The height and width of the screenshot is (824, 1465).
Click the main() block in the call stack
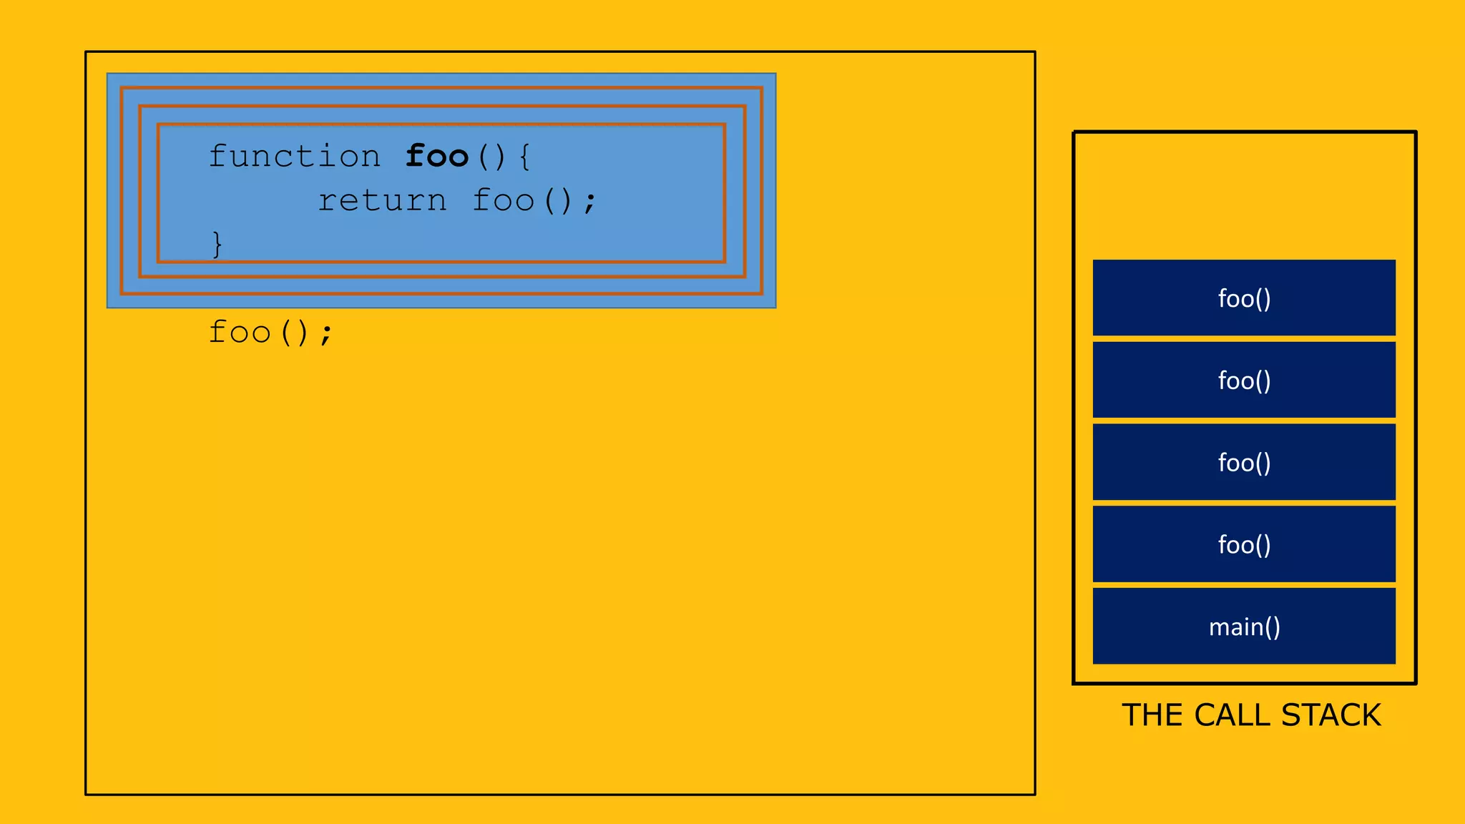coord(1244,627)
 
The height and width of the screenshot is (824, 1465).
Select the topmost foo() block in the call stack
coord(1244,298)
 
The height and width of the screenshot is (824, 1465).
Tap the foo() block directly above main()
coord(1244,544)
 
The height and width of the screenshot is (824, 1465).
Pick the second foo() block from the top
coord(1244,380)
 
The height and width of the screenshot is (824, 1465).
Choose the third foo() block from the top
coord(1244,462)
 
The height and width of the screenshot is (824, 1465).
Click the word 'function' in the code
coord(294,156)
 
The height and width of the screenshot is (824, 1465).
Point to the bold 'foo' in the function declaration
coord(436,156)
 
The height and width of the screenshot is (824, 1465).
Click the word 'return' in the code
coord(382,200)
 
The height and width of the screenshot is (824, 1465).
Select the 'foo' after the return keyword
coord(503,200)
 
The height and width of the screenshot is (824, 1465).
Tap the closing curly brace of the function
coord(217,244)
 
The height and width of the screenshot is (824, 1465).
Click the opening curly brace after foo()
coord(525,157)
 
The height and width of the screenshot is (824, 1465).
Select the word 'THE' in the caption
coord(1152,715)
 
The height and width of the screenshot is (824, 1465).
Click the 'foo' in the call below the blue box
coord(239,333)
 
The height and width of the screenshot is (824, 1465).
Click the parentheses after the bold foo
coord(491,157)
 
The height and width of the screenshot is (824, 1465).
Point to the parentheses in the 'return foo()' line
coord(558,201)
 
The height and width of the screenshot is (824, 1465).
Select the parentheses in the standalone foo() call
coord(294,333)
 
